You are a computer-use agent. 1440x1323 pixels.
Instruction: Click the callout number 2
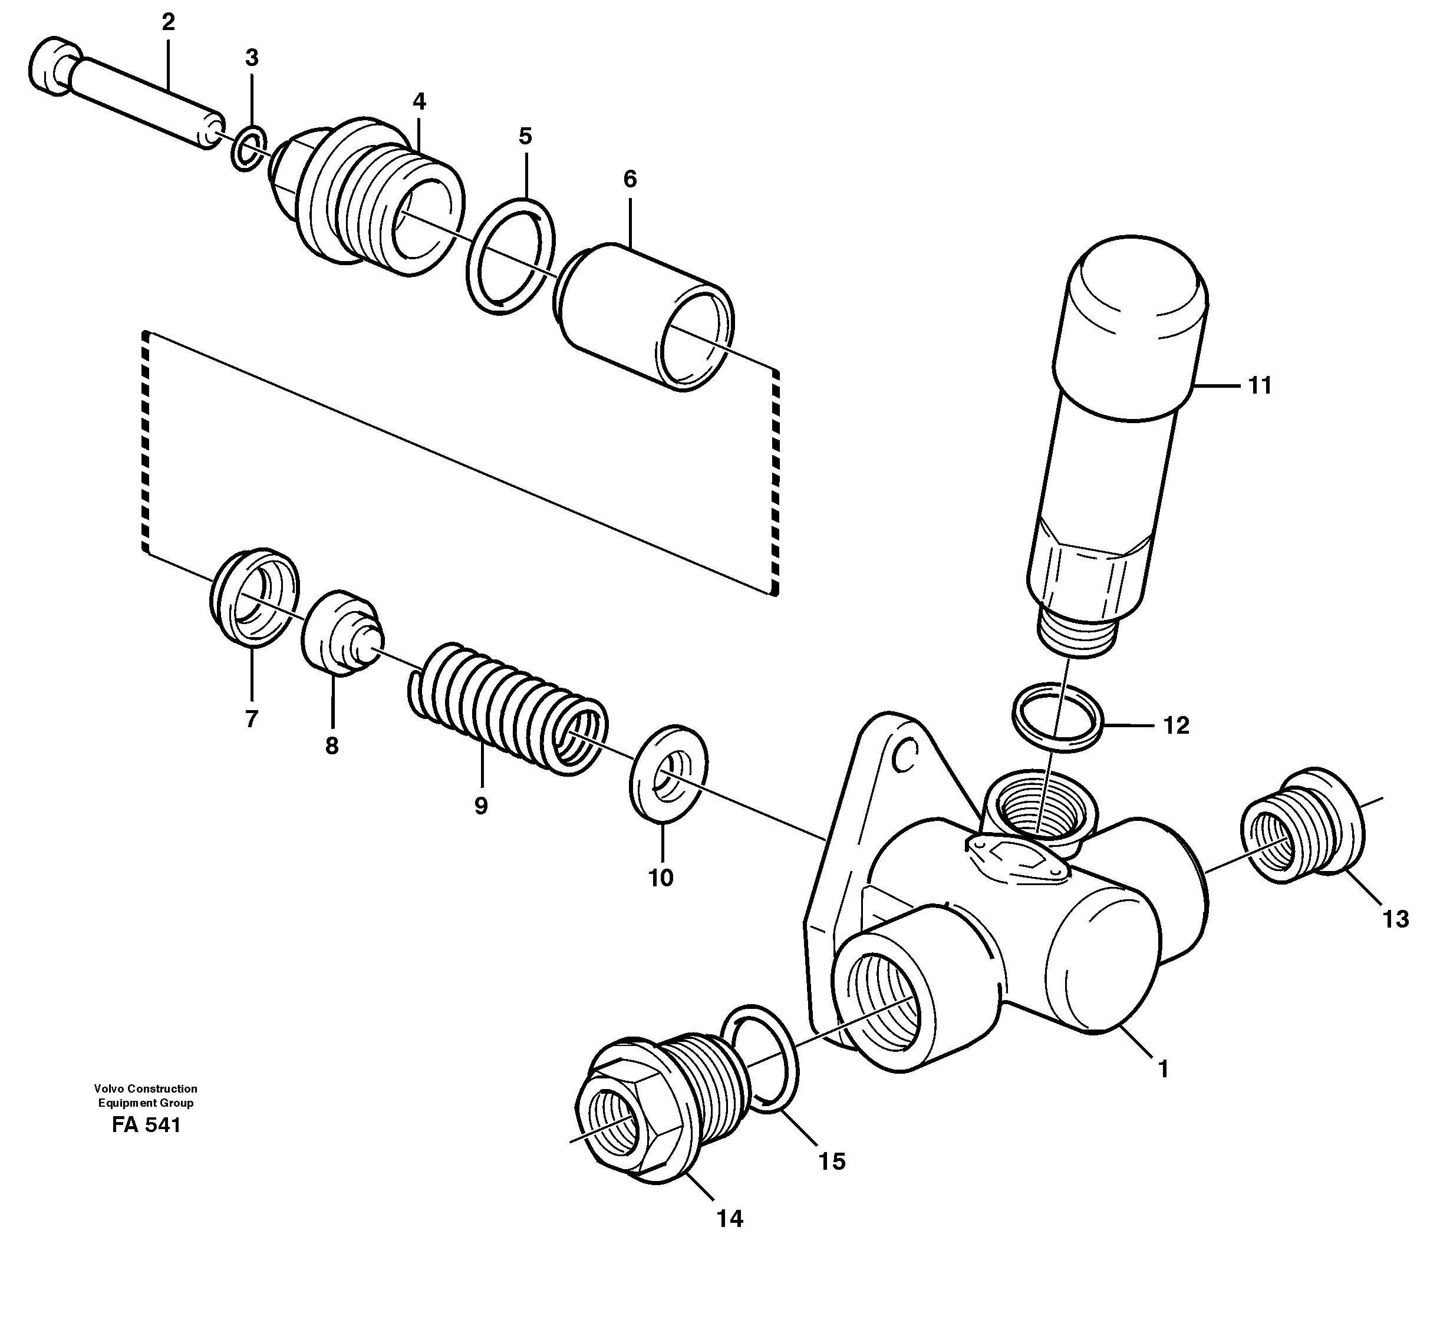pyautogui.click(x=168, y=23)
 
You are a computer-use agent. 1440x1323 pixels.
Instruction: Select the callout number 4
pyautogui.click(x=419, y=102)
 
